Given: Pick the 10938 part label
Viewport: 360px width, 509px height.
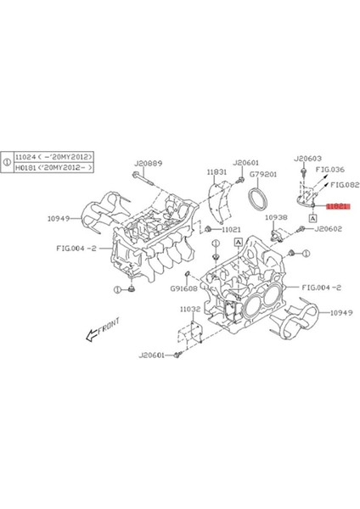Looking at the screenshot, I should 276,218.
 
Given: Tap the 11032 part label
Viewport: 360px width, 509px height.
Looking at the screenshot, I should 189,310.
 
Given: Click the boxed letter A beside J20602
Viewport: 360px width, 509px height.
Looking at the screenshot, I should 312,218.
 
